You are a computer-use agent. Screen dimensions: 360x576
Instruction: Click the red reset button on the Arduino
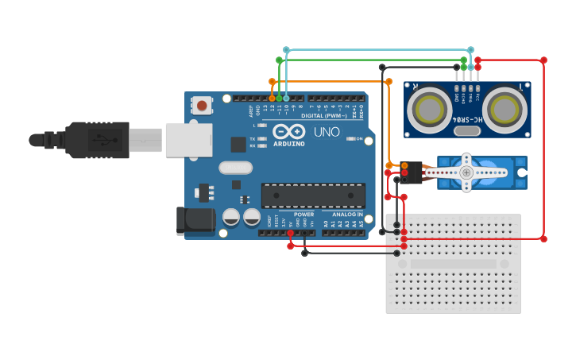pyautogui.click(x=203, y=105)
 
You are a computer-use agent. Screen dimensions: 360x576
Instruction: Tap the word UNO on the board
pyautogui.click(x=327, y=132)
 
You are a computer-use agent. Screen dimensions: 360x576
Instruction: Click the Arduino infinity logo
pyautogui.click(x=288, y=131)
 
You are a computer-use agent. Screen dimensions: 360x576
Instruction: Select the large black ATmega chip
pyautogui.click(x=313, y=195)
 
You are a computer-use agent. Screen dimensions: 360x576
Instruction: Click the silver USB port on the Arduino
pyautogui.click(x=189, y=139)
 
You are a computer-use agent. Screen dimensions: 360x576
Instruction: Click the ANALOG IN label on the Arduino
pyautogui.click(x=347, y=215)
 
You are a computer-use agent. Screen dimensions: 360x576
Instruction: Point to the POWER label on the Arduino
pyautogui.click(x=303, y=215)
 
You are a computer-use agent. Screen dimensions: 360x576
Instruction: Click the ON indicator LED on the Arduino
pyautogui.click(x=350, y=139)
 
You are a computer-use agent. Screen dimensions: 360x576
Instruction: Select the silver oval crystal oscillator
pyautogui.click(x=235, y=168)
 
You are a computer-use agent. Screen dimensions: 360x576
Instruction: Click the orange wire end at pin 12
pyautogui.click(x=273, y=98)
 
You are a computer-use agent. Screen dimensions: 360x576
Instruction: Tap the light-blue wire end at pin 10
pyautogui.click(x=286, y=98)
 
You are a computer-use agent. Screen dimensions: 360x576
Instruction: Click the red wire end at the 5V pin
pyautogui.click(x=291, y=233)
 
